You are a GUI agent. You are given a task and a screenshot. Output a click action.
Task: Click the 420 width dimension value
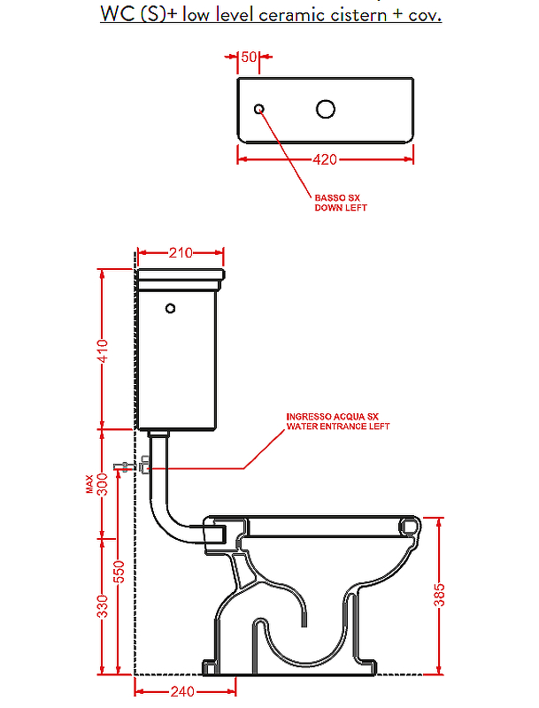tap(325, 159)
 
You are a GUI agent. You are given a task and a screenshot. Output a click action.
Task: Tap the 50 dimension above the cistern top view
tap(249, 57)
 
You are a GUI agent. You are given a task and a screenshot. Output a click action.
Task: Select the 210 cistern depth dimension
tap(181, 252)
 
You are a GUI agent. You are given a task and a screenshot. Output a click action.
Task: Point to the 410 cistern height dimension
tap(104, 351)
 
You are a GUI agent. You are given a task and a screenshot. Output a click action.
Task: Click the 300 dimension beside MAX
tap(104, 484)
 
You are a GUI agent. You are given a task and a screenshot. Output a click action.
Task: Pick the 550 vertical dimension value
tap(119, 572)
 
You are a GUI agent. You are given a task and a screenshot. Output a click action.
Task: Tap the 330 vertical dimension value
tap(104, 606)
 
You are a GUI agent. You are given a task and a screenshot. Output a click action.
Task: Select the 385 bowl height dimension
tap(439, 595)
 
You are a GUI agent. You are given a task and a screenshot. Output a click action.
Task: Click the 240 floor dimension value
tap(182, 691)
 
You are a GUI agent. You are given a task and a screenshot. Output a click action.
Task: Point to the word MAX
tap(89, 483)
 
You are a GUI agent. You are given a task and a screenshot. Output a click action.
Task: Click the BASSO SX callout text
tap(337, 197)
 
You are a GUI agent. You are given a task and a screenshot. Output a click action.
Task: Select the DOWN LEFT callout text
tap(341, 208)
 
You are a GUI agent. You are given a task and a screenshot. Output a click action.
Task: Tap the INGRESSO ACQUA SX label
tap(332, 416)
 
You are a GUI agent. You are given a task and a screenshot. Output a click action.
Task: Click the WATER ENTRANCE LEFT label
tap(338, 427)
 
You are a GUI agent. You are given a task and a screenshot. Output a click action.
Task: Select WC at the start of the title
tap(118, 14)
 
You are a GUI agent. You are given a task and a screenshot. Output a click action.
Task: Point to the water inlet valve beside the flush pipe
tap(145, 465)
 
